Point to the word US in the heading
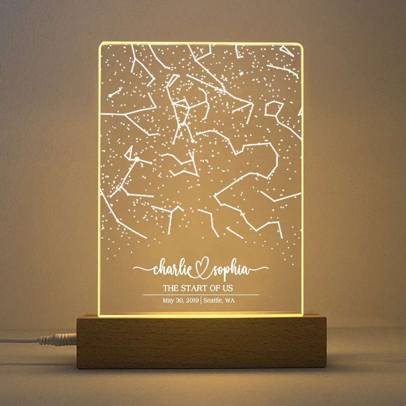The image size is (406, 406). (227, 288)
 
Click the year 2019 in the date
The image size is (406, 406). (191, 300)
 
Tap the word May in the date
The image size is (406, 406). (168, 300)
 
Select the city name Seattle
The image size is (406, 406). (213, 300)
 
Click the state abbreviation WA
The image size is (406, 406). (230, 300)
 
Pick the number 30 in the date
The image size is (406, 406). (179, 300)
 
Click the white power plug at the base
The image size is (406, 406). (65, 338)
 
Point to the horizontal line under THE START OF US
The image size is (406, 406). (201, 294)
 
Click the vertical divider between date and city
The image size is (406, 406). (201, 300)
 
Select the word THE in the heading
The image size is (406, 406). (170, 288)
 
